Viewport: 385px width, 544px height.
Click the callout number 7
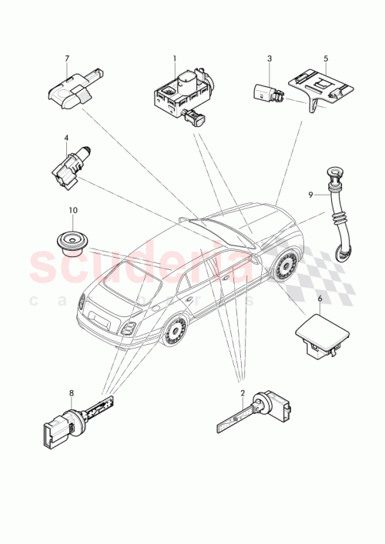(67, 58)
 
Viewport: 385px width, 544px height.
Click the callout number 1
(174, 58)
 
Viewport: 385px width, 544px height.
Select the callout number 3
(269, 58)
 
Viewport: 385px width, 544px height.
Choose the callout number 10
(73, 210)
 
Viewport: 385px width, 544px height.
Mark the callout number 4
(67, 139)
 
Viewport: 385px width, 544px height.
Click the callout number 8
(71, 393)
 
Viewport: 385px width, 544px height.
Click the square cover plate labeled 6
(323, 331)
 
